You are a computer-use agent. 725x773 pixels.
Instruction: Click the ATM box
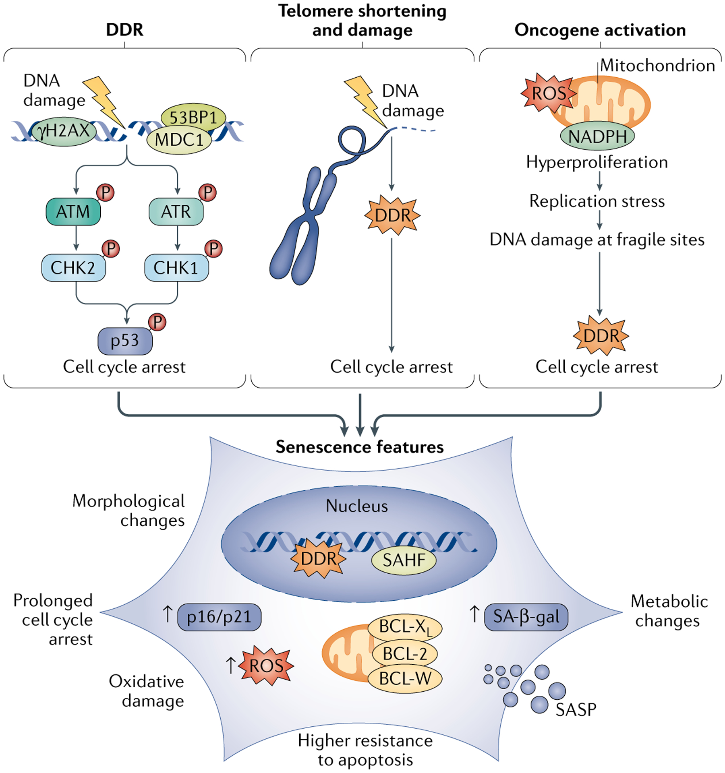coord(73,211)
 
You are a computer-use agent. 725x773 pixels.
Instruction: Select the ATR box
coord(176,211)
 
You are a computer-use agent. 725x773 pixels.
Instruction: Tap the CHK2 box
coord(73,267)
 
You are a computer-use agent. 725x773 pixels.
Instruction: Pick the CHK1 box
coord(176,267)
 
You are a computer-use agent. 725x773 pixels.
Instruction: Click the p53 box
coord(125,341)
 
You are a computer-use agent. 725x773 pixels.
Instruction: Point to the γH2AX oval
coord(64,131)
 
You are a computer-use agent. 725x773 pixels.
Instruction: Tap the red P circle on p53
coord(157,322)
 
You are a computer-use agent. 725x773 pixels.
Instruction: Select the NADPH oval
coord(597,136)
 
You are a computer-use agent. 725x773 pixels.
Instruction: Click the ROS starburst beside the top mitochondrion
coord(549,93)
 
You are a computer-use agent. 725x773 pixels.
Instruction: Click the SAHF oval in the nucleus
coord(404,560)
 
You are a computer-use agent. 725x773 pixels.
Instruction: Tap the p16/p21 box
coord(219,616)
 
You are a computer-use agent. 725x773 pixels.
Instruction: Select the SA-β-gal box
coord(526,616)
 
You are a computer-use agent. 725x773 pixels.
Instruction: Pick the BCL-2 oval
coord(405,653)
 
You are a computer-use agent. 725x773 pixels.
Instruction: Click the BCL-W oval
coord(405,678)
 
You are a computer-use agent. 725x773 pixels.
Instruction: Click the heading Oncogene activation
coord(600,30)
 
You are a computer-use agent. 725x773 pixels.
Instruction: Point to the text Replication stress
coord(597,201)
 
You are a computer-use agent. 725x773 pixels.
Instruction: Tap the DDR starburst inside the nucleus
coord(318,558)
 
